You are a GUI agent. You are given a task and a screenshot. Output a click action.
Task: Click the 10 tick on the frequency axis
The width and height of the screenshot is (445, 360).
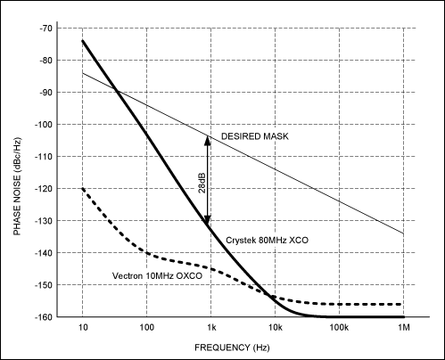tap(83, 329)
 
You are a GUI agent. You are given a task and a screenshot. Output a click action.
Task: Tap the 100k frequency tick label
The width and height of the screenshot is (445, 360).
tap(339, 329)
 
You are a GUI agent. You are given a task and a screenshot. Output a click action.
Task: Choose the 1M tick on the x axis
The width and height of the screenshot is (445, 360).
tap(403, 329)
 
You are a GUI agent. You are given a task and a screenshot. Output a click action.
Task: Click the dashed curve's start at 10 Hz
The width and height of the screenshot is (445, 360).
tap(83, 188)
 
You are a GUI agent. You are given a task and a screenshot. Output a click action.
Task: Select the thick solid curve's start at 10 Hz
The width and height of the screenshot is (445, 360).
tap(83, 41)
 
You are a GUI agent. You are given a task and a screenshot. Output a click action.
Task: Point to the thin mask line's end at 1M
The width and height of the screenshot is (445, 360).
tap(403, 233)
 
